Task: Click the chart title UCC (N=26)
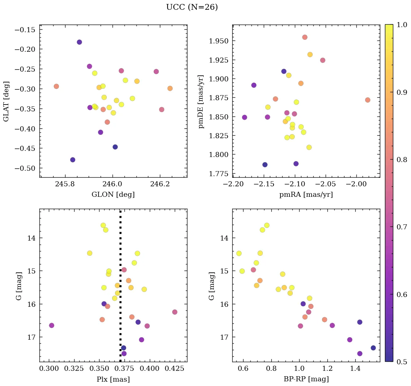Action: pyautogui.click(x=192, y=7)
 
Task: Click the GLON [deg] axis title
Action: pyautogui.click(x=113, y=195)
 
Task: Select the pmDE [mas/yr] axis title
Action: pyautogui.click(x=202, y=102)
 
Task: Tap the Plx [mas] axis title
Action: pyautogui.click(x=113, y=379)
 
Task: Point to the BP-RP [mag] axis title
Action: pyautogui.click(x=306, y=379)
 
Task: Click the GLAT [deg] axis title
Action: pyautogui.click(x=6, y=101)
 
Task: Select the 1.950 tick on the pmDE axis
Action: pyautogui.click(x=219, y=41)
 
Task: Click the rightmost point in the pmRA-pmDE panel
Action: pyautogui.click(x=368, y=100)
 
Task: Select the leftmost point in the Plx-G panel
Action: pyautogui.click(x=52, y=325)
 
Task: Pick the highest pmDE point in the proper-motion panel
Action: pyautogui.click(x=305, y=37)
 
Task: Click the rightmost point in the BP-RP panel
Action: pyautogui.click(x=373, y=348)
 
